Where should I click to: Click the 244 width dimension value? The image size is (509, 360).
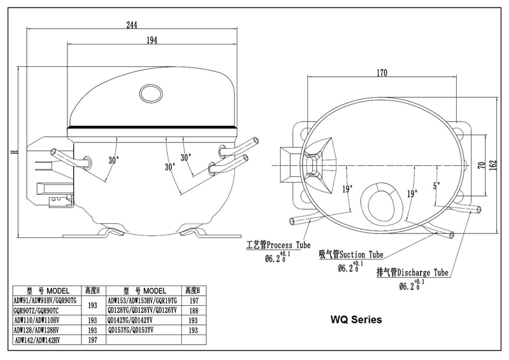click(132, 25)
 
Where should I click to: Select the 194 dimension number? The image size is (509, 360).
click(151, 40)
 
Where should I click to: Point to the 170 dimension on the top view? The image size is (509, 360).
click(381, 73)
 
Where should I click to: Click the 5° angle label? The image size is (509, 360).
click(436, 186)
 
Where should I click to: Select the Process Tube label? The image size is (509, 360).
click(278, 245)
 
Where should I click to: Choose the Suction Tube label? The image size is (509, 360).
click(351, 255)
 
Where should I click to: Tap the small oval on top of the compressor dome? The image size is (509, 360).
click(152, 93)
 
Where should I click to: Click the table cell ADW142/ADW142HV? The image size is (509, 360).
click(40, 341)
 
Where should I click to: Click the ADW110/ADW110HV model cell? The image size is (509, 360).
click(40, 321)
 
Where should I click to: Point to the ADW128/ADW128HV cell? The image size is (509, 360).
click(40, 331)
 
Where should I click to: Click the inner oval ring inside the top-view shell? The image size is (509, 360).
click(383, 200)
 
